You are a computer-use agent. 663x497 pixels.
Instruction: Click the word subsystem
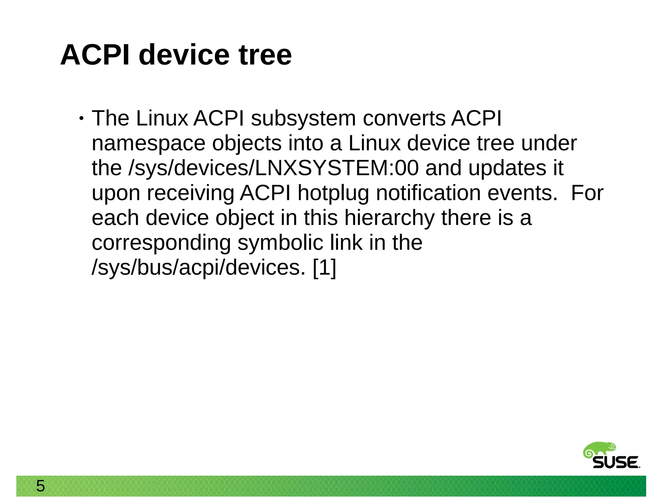(303, 118)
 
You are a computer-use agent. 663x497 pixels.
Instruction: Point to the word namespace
(149, 143)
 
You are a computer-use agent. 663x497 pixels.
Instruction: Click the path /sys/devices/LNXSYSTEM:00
(274, 168)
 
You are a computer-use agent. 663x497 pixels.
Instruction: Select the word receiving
(190, 193)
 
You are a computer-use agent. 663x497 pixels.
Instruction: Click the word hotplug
(333, 193)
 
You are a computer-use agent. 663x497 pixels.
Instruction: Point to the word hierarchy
(389, 218)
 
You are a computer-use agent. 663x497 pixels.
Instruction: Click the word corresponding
(161, 243)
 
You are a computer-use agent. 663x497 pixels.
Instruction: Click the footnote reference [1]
(325, 268)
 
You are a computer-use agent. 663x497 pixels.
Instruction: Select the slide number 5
(40, 486)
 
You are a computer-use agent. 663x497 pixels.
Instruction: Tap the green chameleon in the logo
(599, 450)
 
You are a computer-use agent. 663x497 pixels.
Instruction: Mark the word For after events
(587, 193)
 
